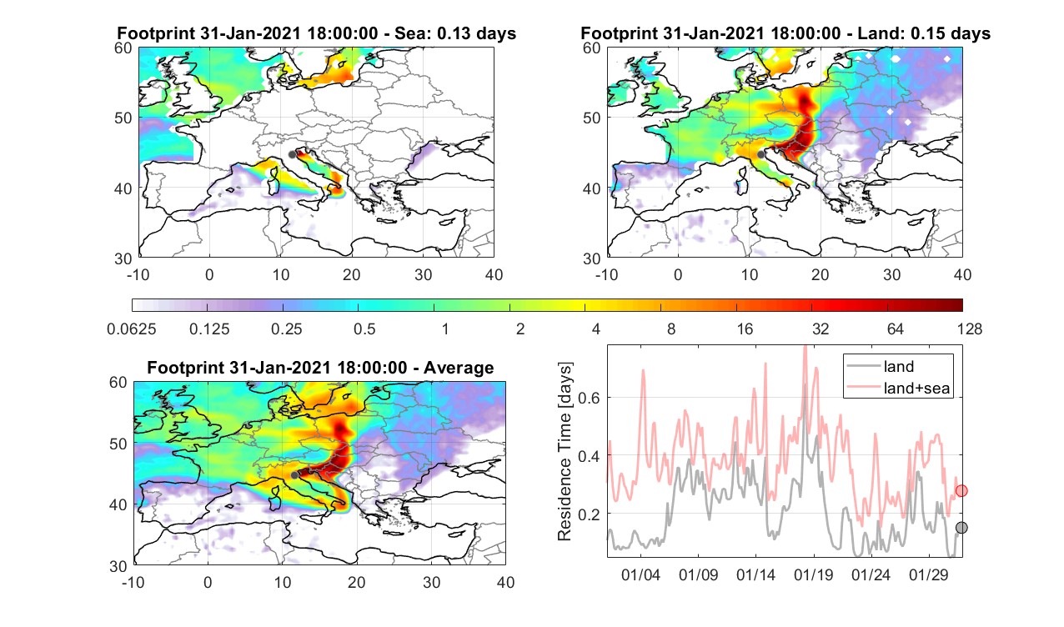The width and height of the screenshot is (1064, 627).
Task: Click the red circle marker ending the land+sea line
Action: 961,490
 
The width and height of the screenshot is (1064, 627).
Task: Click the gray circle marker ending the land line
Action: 961,528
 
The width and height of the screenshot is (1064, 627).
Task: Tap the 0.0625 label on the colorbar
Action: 132,329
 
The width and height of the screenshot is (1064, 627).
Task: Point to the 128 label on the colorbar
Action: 969,329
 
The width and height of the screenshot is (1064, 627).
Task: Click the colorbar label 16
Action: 745,329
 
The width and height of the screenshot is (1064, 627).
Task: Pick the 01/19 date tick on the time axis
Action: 813,575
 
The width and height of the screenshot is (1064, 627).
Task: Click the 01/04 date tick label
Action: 640,575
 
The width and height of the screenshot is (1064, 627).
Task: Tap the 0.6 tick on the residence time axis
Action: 589,398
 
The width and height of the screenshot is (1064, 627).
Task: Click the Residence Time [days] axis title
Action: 565,452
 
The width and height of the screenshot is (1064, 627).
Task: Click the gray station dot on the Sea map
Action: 292,155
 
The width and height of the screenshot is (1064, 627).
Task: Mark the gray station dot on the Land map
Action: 760,154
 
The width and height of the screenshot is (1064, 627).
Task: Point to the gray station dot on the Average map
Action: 294,475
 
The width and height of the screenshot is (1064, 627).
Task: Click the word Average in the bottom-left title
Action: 459,368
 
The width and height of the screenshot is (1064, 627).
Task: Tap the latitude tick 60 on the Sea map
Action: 123,48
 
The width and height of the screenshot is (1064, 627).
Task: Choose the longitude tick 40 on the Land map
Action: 962,274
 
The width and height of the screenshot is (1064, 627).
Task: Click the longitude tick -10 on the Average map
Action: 133,582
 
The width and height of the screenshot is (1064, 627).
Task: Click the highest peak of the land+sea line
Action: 806,347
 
